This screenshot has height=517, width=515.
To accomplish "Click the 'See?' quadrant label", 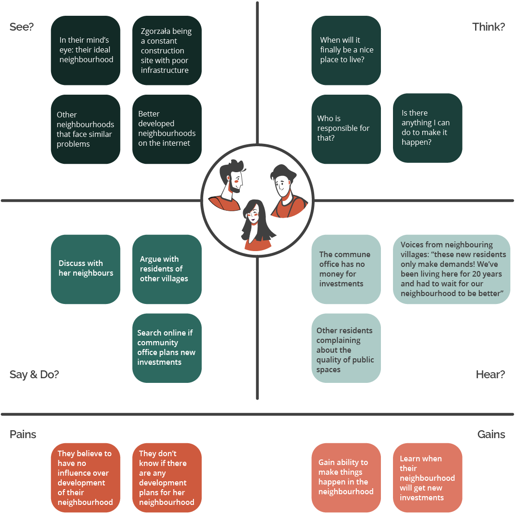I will [x=21, y=27].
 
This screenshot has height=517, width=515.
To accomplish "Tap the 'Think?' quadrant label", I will [x=488, y=27].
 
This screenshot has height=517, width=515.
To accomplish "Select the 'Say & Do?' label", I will [x=34, y=375].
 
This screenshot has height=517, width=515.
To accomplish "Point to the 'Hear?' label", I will [x=490, y=375].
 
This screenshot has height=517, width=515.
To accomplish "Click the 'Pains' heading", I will [x=23, y=434].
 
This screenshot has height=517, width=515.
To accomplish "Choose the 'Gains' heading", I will [x=491, y=434].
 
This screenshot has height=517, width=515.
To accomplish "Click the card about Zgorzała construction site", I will [x=167, y=51].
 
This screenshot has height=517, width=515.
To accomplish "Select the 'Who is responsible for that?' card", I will [x=346, y=129].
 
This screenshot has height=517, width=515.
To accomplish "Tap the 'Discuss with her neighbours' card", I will [x=85, y=269].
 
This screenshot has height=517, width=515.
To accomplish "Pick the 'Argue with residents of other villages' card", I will [x=167, y=269].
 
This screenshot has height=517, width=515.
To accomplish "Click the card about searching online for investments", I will [x=167, y=348].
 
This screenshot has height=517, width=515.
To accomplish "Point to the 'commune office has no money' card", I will [x=346, y=269].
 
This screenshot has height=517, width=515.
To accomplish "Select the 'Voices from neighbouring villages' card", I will [x=451, y=269].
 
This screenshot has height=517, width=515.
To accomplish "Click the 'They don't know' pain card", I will [x=167, y=478].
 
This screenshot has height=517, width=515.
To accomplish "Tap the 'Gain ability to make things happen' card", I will [x=346, y=478].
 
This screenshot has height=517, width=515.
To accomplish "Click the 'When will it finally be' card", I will [x=346, y=50].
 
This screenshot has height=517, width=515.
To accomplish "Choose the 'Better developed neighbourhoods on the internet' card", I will [x=167, y=129].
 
